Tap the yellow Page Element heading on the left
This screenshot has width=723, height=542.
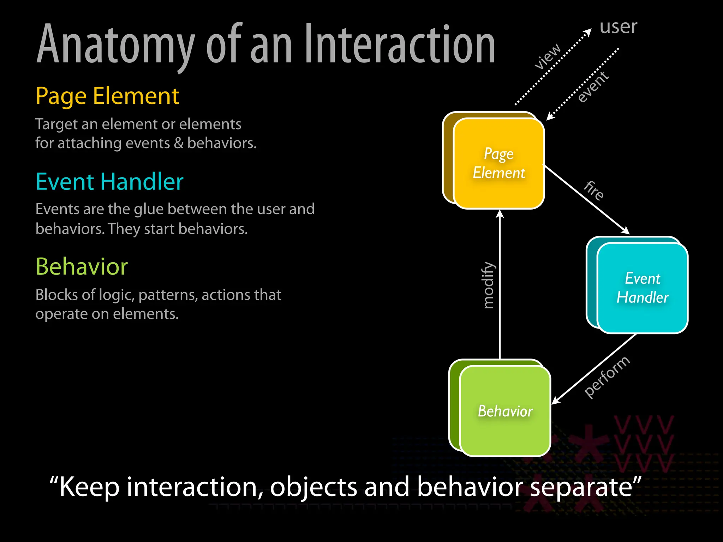(107, 96)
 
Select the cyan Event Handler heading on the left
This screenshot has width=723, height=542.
(109, 182)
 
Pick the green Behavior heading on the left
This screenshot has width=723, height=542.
(82, 267)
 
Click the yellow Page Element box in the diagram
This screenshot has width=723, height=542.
(498, 163)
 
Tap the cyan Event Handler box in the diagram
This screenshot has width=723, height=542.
(642, 288)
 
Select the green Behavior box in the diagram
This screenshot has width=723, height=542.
(505, 411)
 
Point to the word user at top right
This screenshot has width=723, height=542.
(618, 27)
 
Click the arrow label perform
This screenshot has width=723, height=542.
(606, 377)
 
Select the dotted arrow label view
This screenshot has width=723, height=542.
(547, 56)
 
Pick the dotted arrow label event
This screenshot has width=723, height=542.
(593, 86)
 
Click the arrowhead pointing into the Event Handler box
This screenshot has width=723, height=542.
(626, 231)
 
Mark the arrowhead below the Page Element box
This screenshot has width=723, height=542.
(500, 213)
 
